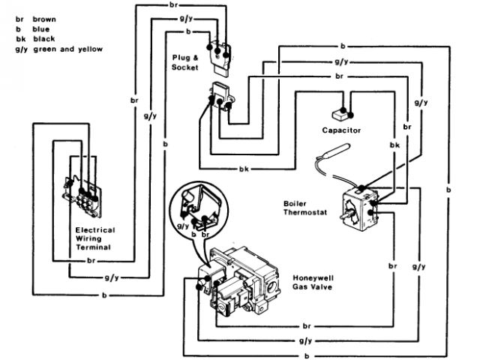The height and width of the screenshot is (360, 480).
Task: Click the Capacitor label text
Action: click(341, 130)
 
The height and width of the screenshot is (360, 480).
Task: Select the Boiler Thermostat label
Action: click(304, 206)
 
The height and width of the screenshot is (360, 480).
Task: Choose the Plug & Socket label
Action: click(184, 62)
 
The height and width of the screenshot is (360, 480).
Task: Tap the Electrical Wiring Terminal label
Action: click(94, 238)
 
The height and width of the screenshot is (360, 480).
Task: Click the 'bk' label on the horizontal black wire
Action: click(243, 169)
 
